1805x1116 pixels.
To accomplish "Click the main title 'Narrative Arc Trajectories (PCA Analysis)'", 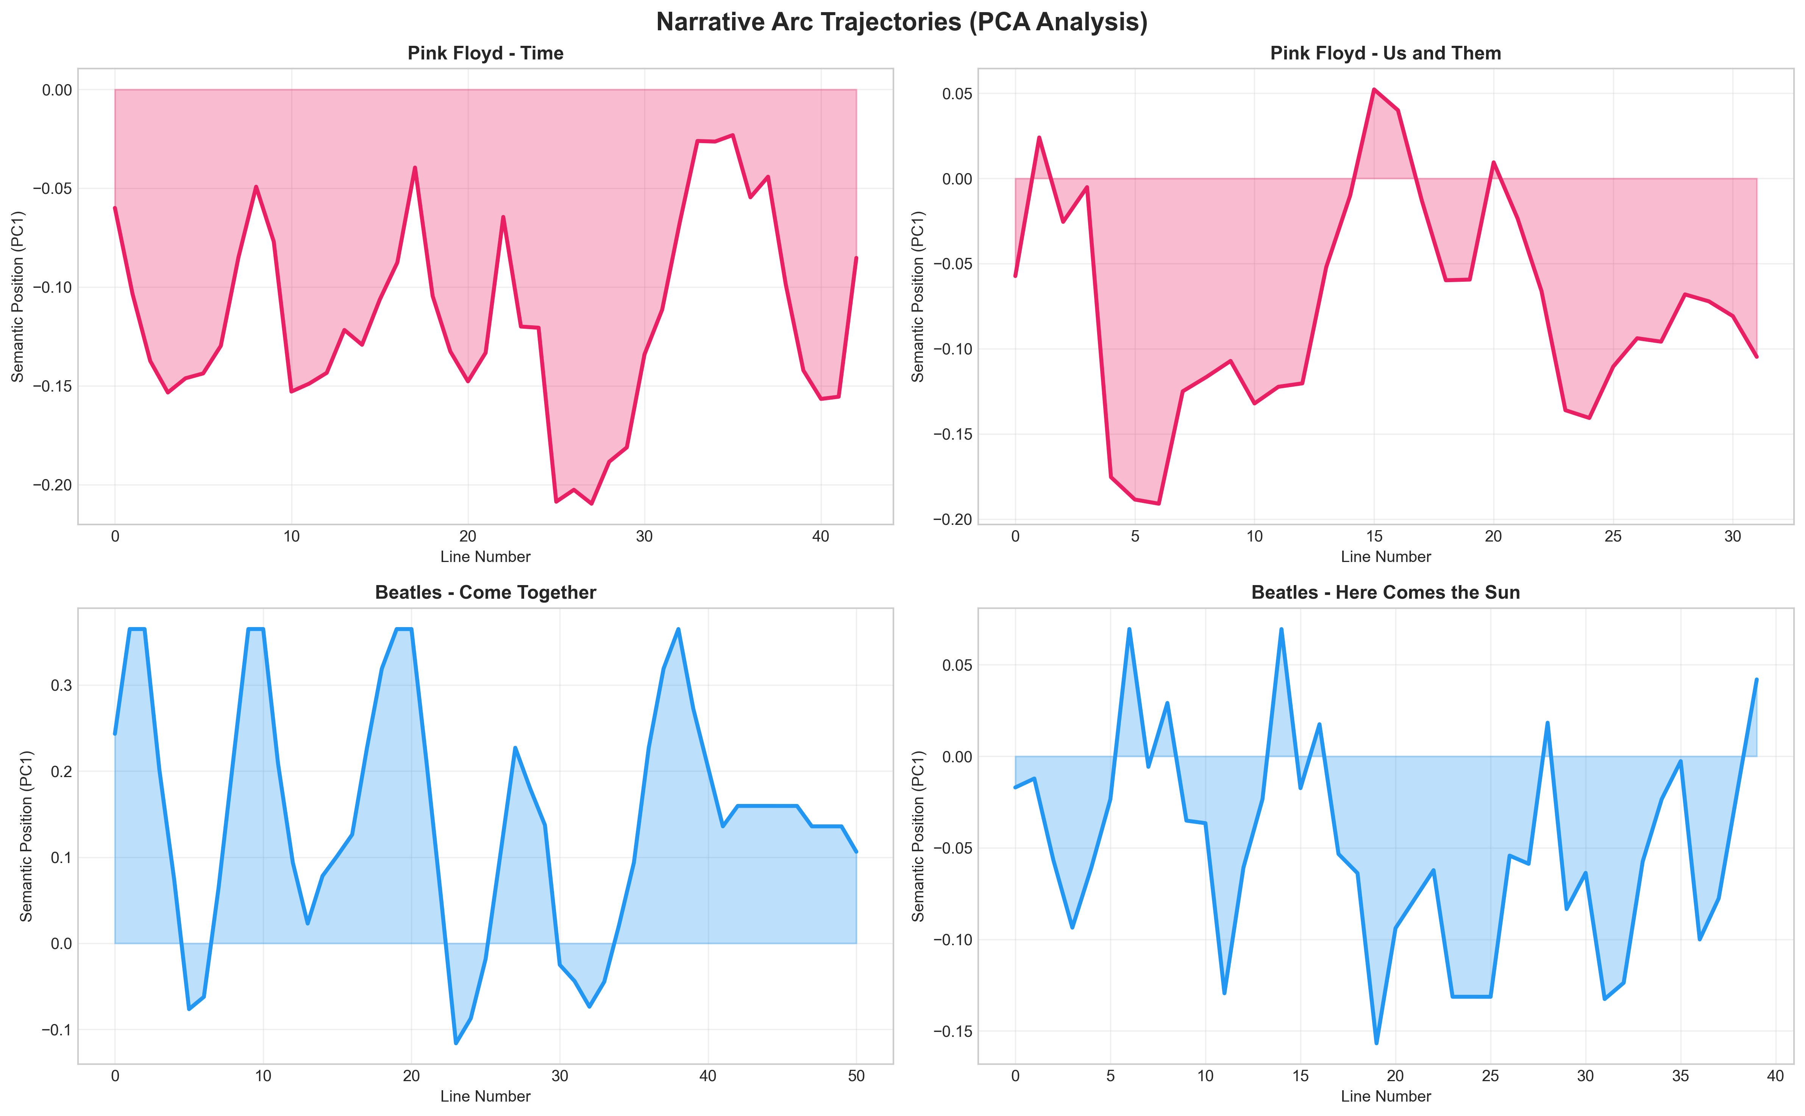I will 902,22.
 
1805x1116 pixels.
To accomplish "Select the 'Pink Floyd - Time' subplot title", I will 486,53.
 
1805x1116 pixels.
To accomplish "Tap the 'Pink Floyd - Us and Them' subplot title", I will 1385,53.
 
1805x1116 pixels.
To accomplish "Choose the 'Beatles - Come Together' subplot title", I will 486,593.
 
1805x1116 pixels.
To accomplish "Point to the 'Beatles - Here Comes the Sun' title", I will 1385,593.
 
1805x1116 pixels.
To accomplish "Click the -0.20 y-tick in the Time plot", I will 52,485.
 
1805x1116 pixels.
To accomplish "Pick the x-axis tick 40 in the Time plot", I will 821,537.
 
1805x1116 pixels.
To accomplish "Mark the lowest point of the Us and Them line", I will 1159,503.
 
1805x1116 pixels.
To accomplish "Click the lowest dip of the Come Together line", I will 456,1043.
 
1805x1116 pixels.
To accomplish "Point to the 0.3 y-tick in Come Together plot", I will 62,686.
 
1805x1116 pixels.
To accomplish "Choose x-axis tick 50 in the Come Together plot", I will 856,1076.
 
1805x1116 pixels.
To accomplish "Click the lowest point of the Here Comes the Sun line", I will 1376,1043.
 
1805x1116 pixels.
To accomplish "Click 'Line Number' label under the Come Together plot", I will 486,1096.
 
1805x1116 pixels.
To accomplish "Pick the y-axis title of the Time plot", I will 18,297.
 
